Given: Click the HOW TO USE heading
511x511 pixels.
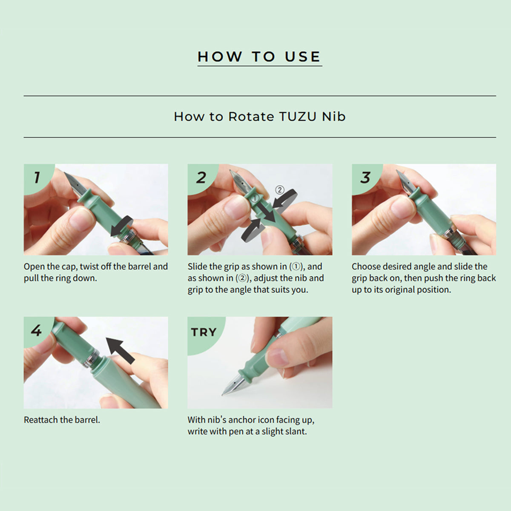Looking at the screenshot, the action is [259, 57].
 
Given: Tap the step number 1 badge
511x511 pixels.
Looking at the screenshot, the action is [37, 177].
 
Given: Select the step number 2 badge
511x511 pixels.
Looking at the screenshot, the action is [201, 178].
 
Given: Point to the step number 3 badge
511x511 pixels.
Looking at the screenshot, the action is [365, 177].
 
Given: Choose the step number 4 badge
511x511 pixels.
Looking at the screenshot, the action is [36, 331].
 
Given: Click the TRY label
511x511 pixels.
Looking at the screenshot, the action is [204, 332].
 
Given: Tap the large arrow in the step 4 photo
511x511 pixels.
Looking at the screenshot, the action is [120, 350].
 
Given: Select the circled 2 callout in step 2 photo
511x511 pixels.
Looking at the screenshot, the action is [279, 190].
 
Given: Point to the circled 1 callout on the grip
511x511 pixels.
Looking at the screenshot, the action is [255, 198].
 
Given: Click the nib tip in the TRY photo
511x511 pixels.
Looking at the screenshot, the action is [223, 394].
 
